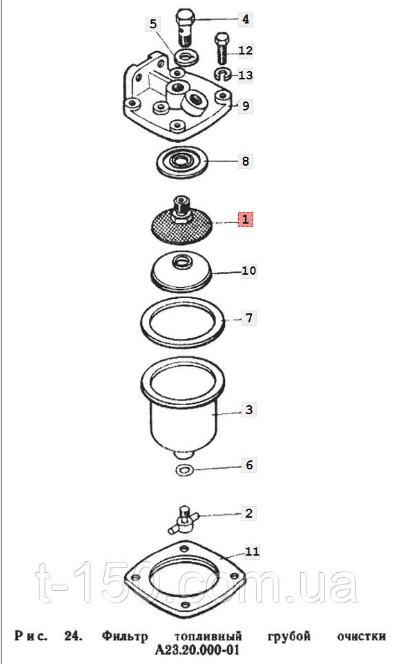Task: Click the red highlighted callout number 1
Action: (x=246, y=219)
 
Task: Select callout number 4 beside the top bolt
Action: (x=246, y=19)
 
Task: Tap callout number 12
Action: (x=246, y=50)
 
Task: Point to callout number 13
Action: (x=246, y=75)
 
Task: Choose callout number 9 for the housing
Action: (x=246, y=106)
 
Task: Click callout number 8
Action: (x=246, y=161)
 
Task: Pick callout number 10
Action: (x=249, y=270)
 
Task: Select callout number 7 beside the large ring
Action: (x=249, y=318)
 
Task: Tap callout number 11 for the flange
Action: (x=253, y=551)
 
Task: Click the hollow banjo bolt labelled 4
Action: (x=184, y=26)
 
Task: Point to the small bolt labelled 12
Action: (x=221, y=48)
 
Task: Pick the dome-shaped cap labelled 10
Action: (x=182, y=273)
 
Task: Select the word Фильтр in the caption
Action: (x=125, y=636)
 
